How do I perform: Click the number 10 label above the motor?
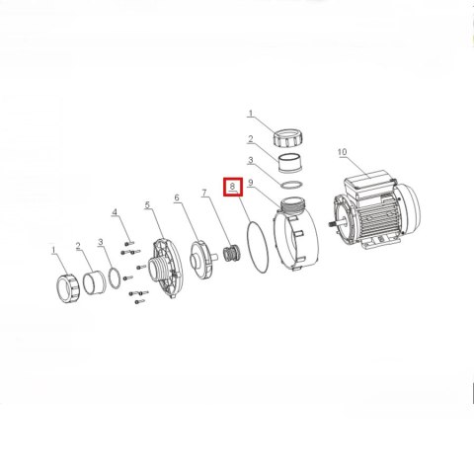coord(342,152)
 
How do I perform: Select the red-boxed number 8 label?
coord(233,187)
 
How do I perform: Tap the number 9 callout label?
coord(251,183)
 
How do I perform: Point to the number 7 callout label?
coord(205,193)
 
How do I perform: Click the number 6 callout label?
coord(177,197)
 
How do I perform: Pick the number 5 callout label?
coord(147,204)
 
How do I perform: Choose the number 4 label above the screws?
coord(115,212)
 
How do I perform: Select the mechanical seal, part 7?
coord(231,253)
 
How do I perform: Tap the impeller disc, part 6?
coord(200,261)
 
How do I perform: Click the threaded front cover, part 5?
coord(167,267)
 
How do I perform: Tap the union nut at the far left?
coord(68,288)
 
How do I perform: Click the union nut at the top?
coord(288,137)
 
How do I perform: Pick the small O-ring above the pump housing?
coord(291,185)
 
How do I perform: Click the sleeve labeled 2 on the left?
coord(94,282)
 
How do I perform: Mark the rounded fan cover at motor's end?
coord(409,204)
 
